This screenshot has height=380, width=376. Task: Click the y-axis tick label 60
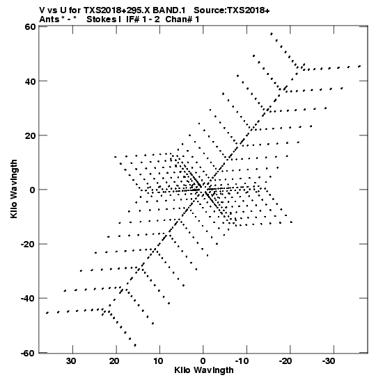click(31, 26)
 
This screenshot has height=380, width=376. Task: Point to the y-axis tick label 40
click(31, 81)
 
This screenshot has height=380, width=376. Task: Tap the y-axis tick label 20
click(31, 135)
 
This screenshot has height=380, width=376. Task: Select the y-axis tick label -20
click(28, 244)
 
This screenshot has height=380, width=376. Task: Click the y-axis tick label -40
click(28, 298)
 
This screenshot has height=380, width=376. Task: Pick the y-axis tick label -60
click(28, 353)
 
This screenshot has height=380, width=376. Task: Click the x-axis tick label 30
click(71, 361)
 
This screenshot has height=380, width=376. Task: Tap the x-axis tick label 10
click(158, 361)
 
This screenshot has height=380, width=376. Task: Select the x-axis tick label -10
click(242, 361)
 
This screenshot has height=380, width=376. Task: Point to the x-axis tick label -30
click(329, 361)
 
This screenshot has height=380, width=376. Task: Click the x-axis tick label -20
click(285, 361)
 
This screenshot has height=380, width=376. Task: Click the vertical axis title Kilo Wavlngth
click(14, 189)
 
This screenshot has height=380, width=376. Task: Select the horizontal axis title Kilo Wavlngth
click(204, 371)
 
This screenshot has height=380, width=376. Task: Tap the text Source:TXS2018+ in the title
click(232, 10)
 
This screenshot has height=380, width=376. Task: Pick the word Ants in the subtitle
click(49, 19)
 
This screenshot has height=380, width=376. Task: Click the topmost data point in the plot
click(272, 33)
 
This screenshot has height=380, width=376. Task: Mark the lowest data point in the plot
click(135, 345)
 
